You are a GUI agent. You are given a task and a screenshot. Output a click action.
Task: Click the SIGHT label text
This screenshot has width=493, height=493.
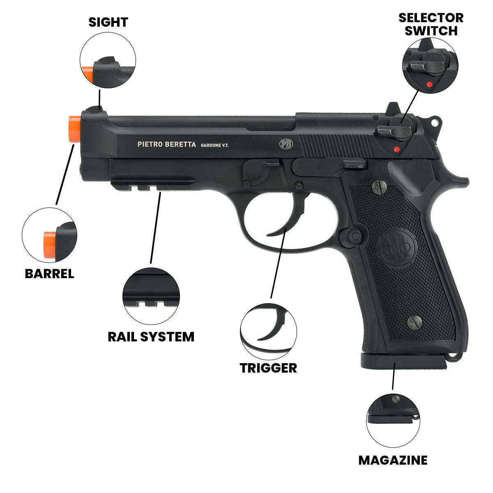tap(108, 22)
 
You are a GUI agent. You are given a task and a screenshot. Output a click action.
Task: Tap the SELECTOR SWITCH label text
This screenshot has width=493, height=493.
tap(431, 24)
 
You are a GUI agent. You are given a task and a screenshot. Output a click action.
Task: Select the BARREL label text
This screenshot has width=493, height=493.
tap(49, 274)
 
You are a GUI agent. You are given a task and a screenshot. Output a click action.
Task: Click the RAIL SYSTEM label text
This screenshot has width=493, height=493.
tap(151, 337)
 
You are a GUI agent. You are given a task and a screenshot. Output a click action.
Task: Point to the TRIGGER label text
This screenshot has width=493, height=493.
tap(268, 368)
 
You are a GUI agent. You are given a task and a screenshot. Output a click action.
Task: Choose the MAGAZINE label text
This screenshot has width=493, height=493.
tap(393, 460)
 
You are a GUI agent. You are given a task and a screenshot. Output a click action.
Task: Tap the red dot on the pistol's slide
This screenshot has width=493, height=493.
tap(396, 149)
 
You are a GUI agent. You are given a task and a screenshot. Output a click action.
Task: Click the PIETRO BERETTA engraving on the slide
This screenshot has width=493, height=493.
tap(166, 144)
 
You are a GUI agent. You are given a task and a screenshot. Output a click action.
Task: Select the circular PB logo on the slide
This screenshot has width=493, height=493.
tap(286, 143)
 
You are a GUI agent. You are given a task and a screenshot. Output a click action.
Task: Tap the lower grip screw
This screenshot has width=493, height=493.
tap(414, 322)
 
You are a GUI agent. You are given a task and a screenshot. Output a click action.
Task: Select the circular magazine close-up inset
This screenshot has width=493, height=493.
tap(393, 419)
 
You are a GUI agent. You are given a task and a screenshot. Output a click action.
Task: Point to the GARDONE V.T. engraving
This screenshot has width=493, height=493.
tap(214, 145)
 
